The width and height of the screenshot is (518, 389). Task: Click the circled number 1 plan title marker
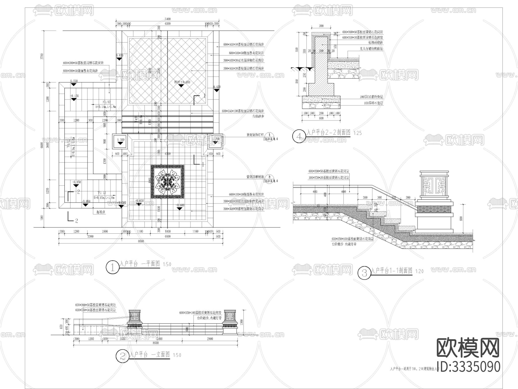(x=112, y=267)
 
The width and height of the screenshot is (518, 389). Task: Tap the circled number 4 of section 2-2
(x=298, y=136)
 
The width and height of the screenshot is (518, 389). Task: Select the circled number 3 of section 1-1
(x=364, y=273)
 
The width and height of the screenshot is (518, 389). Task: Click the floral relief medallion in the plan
(x=167, y=182)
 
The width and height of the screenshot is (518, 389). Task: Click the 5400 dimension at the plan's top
(x=167, y=19)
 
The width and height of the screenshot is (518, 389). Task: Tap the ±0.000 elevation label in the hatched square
(x=182, y=82)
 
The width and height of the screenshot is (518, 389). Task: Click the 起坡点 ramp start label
(x=101, y=211)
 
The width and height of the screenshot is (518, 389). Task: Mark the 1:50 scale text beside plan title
(x=167, y=264)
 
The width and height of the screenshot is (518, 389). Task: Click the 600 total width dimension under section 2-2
(x=321, y=118)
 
